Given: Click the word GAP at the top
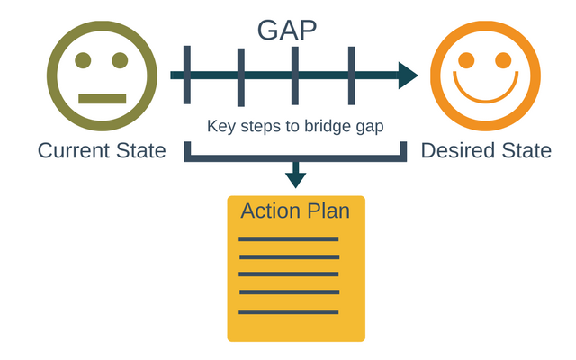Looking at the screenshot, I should click(287, 29).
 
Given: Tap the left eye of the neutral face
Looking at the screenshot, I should click(83, 61).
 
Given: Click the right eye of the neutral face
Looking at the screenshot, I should click(120, 61).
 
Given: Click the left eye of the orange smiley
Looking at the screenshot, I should click(466, 60).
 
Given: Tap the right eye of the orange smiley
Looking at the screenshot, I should click(503, 60).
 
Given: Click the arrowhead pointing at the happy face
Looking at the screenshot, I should click(408, 76).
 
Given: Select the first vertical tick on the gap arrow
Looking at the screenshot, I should click(186, 76).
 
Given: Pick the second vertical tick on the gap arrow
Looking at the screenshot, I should click(240, 76).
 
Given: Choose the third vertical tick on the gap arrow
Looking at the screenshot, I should click(295, 76).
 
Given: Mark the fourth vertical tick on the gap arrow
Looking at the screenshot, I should click(351, 76).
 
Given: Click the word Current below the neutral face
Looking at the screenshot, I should click(72, 150).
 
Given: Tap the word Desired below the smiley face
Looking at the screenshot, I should click(456, 150).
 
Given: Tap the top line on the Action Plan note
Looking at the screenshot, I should click(288, 239).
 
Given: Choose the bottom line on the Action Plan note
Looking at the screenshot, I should click(288, 311).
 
